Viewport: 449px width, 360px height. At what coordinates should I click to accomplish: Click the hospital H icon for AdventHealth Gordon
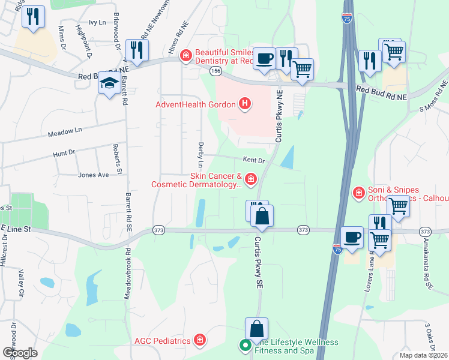point(244,105)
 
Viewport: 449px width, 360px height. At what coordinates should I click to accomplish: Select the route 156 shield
point(215,71)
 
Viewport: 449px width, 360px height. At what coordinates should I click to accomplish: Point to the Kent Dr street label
point(253,160)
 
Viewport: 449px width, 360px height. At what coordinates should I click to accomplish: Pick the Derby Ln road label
point(200,155)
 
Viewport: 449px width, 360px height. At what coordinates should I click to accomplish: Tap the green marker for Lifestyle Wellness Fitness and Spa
point(244,345)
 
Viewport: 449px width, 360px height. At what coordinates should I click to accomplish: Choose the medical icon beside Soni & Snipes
point(358,193)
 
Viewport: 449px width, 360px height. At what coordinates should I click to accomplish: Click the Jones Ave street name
point(94,175)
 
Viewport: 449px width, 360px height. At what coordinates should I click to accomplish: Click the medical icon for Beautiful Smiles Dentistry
point(186,56)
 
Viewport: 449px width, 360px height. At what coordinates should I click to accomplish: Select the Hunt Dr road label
point(64,153)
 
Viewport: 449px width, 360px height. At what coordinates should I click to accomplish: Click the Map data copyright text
point(423,355)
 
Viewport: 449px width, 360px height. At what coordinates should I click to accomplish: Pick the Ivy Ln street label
point(97,22)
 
